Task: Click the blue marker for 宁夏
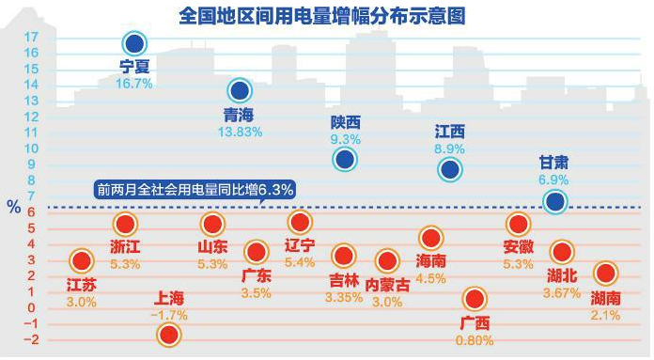click(135, 43)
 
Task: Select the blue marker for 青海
click(240, 91)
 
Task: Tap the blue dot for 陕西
click(346, 160)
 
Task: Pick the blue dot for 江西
click(449, 169)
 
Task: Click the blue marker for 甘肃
click(554, 201)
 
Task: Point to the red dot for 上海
click(170, 335)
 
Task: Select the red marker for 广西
click(475, 300)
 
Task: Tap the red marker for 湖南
click(606, 274)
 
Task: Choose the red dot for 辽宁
click(300, 222)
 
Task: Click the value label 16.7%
click(134, 83)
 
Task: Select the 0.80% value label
click(475, 340)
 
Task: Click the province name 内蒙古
click(388, 285)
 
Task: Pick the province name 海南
click(430, 260)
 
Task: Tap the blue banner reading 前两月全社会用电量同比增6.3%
click(195, 189)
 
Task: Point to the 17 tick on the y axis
click(31, 37)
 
